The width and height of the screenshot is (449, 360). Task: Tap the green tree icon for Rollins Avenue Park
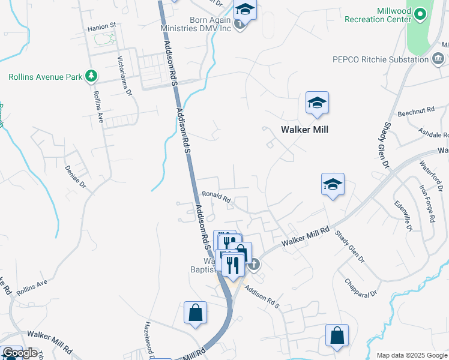(x=91, y=76)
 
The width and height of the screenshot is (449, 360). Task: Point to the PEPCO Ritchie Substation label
(x=381, y=59)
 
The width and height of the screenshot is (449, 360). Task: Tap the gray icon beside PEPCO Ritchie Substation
(x=438, y=58)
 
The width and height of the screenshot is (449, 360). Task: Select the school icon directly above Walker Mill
(x=316, y=103)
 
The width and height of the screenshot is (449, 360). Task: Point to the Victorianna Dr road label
(x=125, y=76)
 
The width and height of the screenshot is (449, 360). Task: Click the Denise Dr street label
(x=76, y=176)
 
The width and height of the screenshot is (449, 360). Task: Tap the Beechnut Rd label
(x=415, y=113)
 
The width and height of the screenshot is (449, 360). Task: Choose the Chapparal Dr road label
(x=361, y=287)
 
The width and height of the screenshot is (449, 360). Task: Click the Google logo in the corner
(x=20, y=353)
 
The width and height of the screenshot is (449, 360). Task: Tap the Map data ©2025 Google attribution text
(x=411, y=355)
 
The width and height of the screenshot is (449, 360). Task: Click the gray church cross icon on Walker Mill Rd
(x=254, y=263)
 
